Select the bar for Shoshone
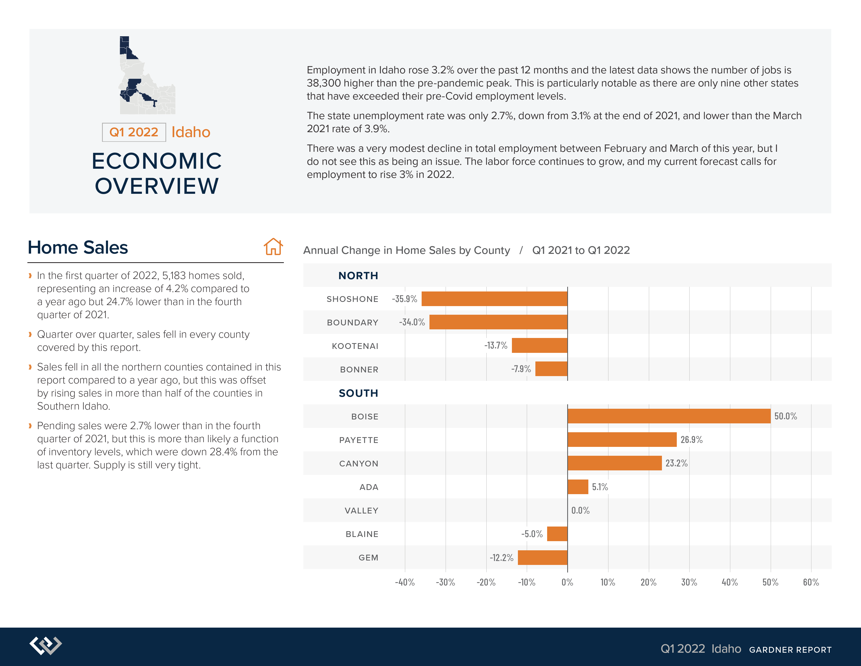[x=494, y=299]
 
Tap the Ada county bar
[x=578, y=487]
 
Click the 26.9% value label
[x=691, y=440]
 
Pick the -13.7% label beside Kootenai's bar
[x=496, y=346]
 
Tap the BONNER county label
[x=359, y=369]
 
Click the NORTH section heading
[x=358, y=275]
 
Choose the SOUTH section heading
[x=358, y=393]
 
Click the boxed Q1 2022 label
[x=134, y=132]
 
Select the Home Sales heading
[x=78, y=247]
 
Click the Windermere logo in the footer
[x=46, y=645]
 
